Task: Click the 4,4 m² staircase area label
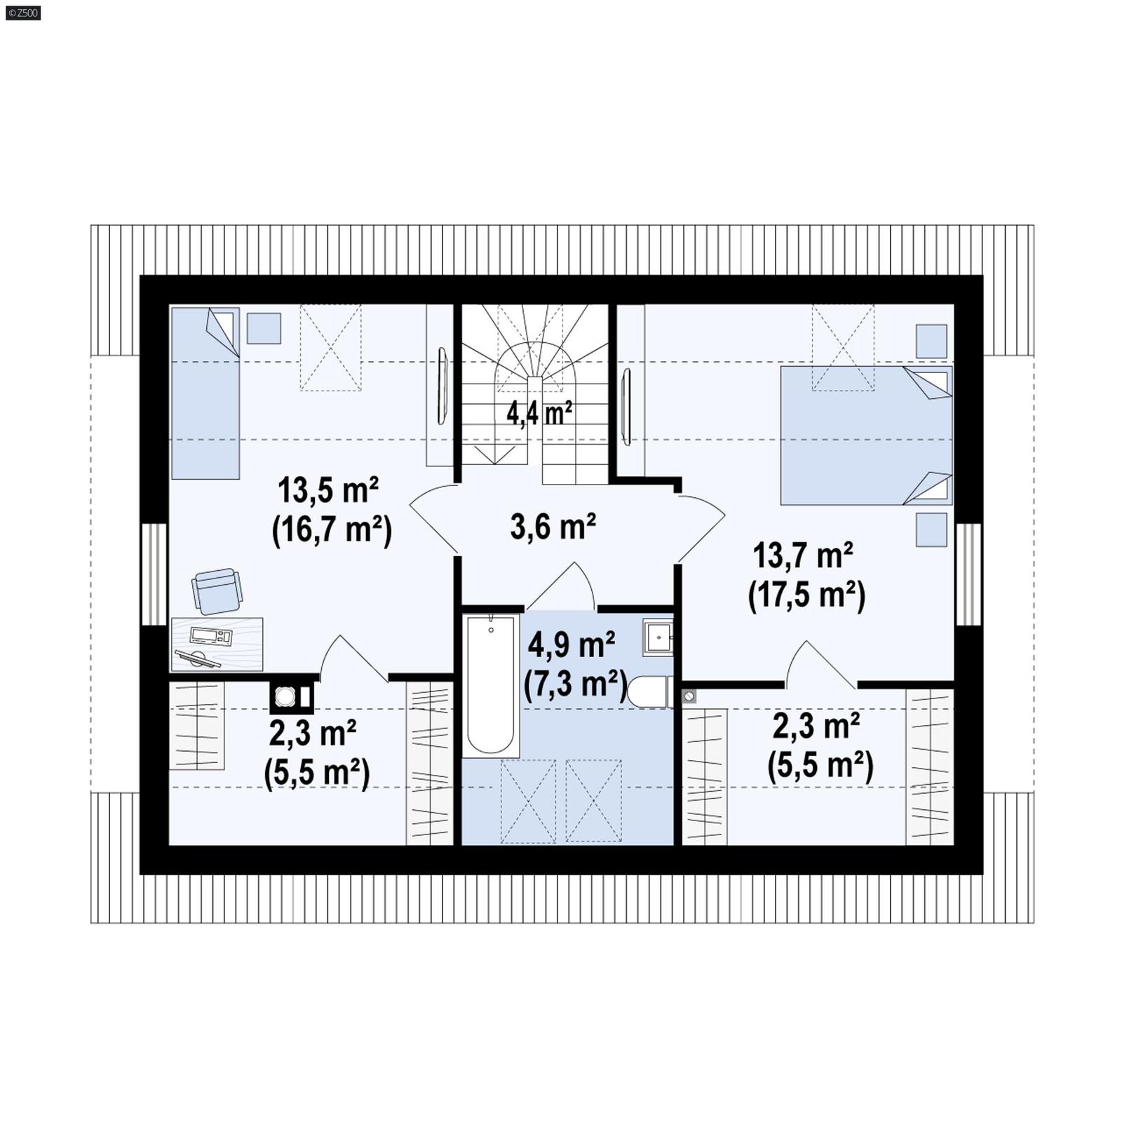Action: click(539, 414)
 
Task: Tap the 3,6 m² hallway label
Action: click(553, 527)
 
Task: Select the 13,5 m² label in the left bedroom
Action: click(328, 490)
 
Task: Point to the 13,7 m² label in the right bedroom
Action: click(803, 556)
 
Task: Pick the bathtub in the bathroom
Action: click(490, 684)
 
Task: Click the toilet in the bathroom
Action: click(649, 691)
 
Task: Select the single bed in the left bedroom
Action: click(205, 393)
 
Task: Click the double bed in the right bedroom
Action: click(866, 435)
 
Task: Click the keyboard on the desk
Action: click(210, 636)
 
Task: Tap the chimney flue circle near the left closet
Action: click(285, 696)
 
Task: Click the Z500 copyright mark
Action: click(23, 13)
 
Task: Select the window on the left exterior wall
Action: click(154, 574)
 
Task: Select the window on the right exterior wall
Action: click(968, 574)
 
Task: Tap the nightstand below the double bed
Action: click(931, 529)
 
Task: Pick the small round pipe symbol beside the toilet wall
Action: click(689, 696)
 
